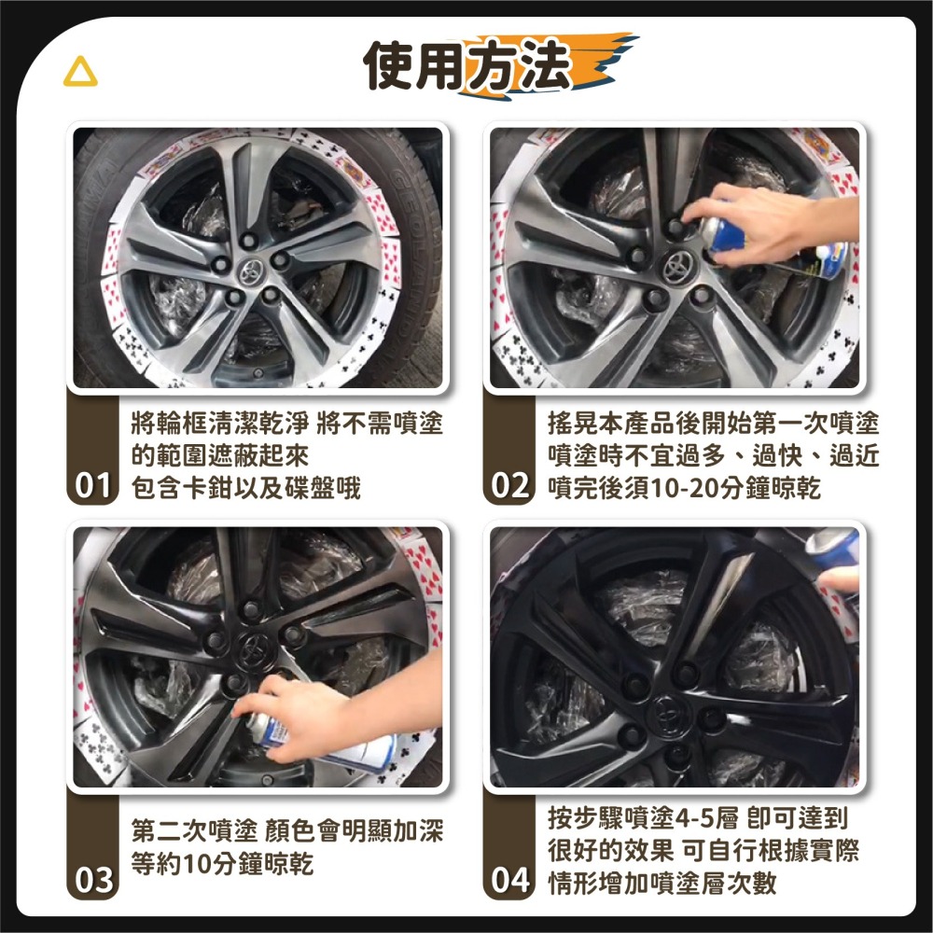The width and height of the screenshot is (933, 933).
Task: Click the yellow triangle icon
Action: (80, 75)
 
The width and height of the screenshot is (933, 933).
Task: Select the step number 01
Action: (94, 487)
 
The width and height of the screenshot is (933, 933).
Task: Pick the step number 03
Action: (94, 880)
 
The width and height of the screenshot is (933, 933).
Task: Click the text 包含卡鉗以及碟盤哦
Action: (246, 488)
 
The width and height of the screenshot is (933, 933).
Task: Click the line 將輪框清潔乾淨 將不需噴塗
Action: (286, 425)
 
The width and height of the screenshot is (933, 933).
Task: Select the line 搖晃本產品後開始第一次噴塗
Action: (712, 425)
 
